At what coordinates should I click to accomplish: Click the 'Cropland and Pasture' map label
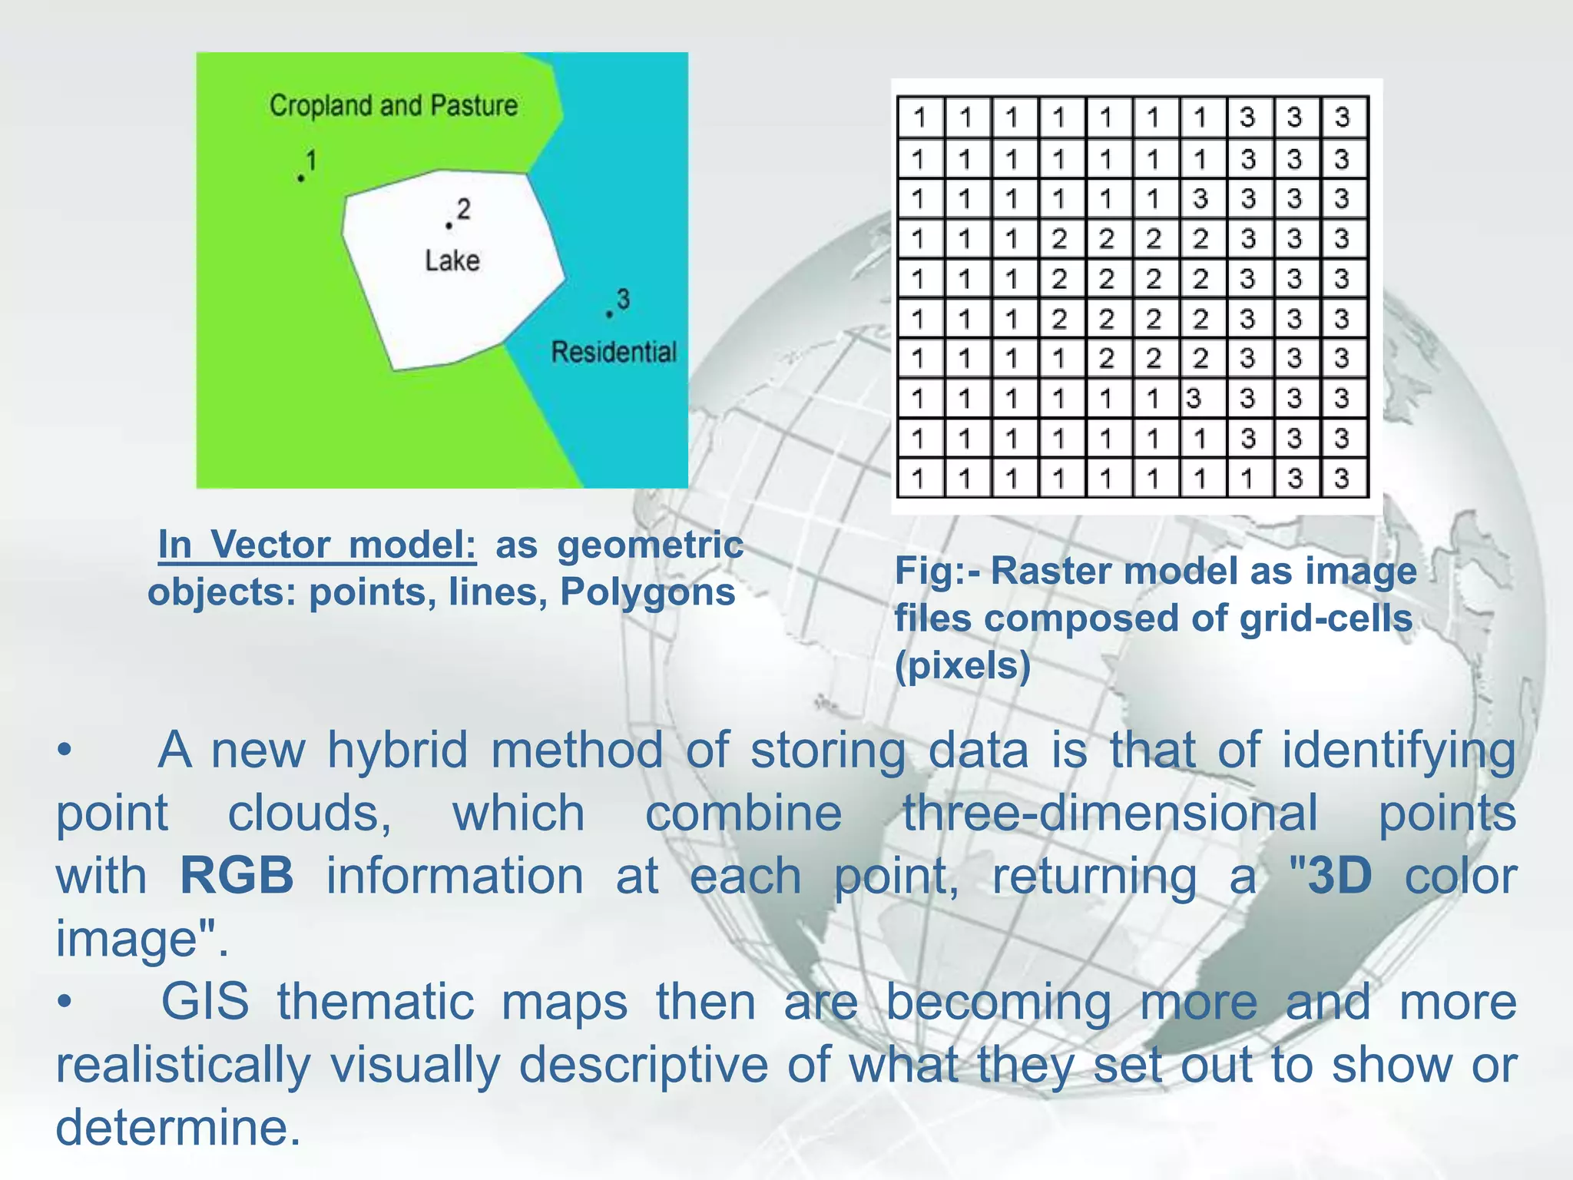(393, 105)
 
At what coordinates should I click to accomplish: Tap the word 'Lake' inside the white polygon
(452, 260)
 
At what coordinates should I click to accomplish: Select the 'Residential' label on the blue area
(614, 352)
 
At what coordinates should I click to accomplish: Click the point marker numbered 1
(301, 178)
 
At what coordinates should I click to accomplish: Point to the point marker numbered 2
(449, 225)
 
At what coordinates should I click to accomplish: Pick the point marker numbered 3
(609, 314)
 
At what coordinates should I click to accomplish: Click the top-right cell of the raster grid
(1342, 118)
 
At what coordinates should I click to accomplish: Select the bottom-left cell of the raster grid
(919, 479)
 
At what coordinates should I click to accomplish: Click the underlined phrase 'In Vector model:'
(316, 545)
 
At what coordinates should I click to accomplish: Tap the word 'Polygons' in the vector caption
(647, 592)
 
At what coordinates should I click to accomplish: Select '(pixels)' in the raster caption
(962, 665)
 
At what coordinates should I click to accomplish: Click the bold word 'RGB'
(237, 875)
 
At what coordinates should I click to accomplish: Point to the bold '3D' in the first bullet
(1340, 875)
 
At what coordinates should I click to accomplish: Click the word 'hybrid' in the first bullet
(397, 750)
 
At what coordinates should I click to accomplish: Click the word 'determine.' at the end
(178, 1127)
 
